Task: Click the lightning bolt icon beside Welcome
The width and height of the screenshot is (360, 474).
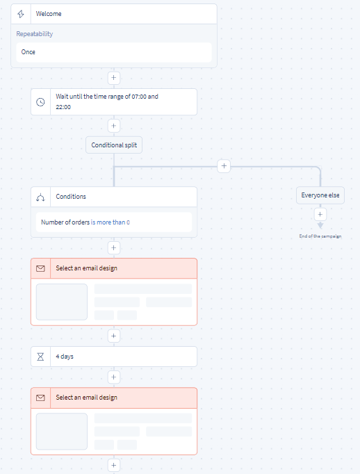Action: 21,14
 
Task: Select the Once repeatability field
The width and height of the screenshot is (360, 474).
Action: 114,52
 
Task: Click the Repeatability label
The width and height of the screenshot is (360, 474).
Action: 35,34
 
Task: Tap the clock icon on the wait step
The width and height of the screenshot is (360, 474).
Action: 40,102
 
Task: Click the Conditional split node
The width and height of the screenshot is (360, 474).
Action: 114,145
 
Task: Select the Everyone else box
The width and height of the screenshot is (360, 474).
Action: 320,195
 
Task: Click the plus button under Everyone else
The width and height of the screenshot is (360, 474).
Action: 320,215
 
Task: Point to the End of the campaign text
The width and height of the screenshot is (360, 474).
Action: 320,236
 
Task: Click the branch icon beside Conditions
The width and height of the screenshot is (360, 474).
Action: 40,197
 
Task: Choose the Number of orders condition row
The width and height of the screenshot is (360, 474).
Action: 114,222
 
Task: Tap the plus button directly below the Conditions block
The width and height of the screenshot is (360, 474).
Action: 114,248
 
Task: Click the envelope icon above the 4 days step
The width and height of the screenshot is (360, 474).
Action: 40,268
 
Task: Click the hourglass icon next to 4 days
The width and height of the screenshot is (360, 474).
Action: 40,357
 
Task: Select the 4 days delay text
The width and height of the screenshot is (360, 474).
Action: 65,357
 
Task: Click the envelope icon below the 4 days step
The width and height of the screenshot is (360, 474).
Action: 40,398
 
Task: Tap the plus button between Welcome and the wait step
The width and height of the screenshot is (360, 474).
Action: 114,78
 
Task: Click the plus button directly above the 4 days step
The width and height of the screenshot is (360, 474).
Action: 114,336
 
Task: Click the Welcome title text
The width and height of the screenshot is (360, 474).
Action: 49,14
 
